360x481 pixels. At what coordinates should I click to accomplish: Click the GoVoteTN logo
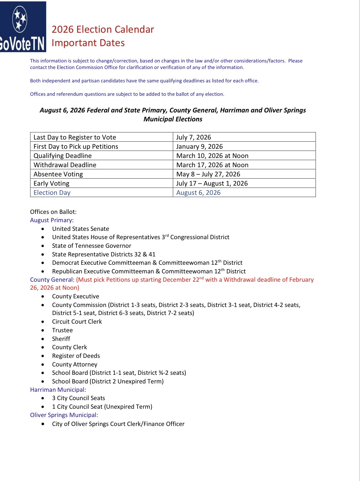[x=23, y=27]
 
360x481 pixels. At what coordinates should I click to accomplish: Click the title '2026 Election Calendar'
[x=103, y=29]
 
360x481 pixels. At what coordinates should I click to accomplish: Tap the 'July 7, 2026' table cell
[x=194, y=137]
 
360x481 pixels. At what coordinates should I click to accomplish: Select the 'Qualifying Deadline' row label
[x=63, y=156]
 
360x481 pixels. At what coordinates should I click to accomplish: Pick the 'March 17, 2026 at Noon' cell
[x=212, y=165]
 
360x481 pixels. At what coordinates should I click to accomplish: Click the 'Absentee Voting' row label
[x=58, y=174]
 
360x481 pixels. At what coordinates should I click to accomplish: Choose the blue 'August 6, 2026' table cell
[x=198, y=192]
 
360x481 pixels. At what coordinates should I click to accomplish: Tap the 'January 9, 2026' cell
[x=200, y=146]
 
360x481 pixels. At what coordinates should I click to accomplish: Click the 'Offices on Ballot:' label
[x=53, y=212]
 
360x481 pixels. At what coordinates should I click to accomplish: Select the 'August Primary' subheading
[x=51, y=220]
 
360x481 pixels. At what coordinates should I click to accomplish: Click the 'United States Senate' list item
[x=80, y=229]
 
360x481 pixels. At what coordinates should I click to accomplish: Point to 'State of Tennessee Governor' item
[x=91, y=246]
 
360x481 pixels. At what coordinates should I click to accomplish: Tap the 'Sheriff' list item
[x=61, y=339]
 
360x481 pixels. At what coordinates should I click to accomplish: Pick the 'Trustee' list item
[x=62, y=330]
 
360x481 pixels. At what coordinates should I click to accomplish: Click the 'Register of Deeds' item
[x=76, y=356]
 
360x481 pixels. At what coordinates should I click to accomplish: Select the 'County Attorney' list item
[x=74, y=364]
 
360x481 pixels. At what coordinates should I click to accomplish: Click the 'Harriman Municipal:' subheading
[x=58, y=390]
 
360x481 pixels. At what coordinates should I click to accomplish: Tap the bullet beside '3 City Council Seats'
[x=43, y=398]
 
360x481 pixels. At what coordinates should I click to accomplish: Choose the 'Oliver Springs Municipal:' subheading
[x=64, y=415]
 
